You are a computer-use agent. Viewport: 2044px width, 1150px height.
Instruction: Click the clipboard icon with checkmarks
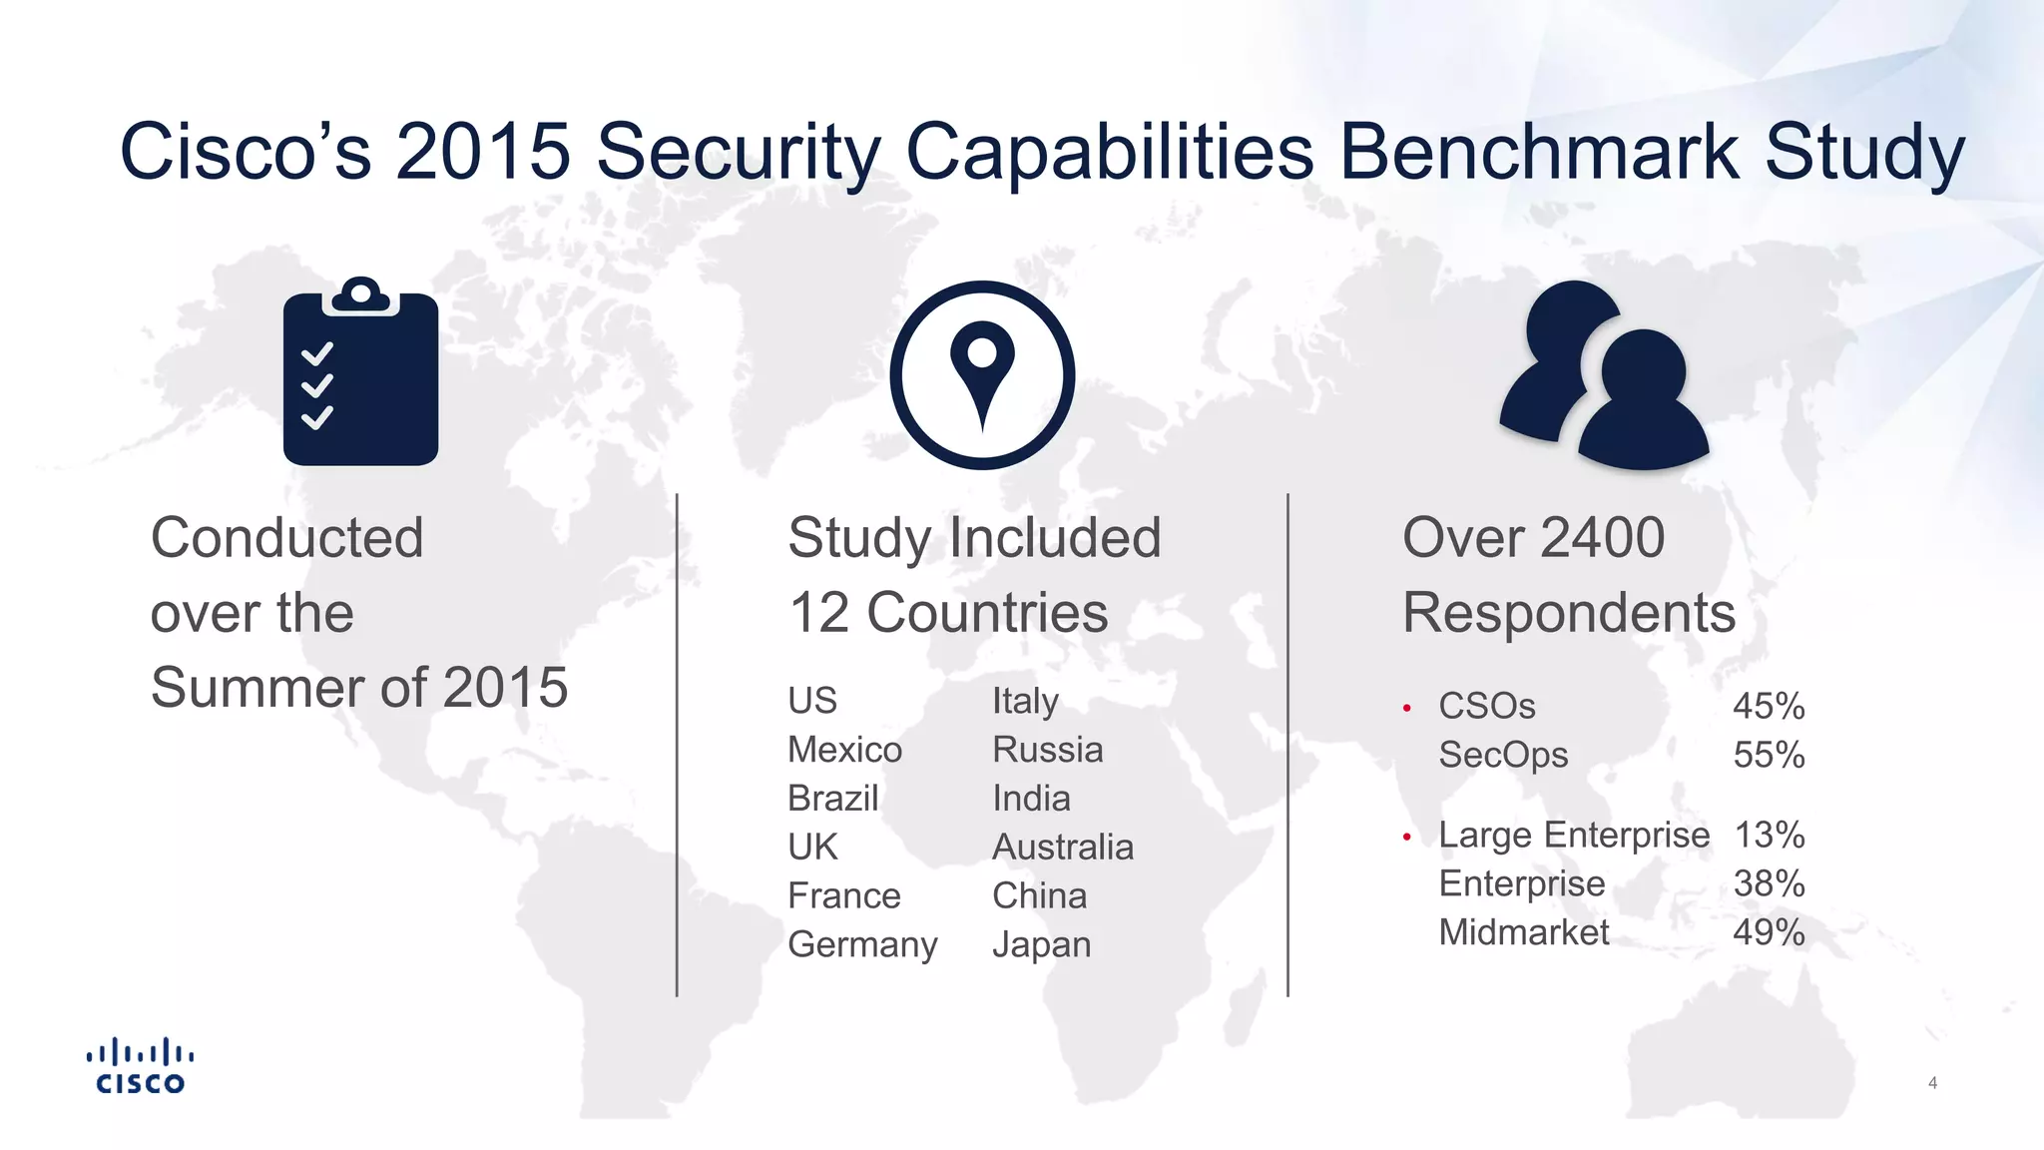[x=360, y=374]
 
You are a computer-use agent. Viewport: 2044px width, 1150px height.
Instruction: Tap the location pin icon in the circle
[x=982, y=374]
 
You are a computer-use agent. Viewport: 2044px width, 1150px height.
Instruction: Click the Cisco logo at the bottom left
[x=140, y=1066]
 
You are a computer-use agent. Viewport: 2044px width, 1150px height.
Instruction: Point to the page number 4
[x=1932, y=1083]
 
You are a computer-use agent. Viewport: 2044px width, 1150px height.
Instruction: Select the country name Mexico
[x=844, y=750]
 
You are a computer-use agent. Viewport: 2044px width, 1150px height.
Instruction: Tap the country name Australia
[x=1063, y=848]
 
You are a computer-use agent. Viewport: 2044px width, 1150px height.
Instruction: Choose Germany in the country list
[x=862, y=944]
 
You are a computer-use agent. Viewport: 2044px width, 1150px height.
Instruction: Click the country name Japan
[x=1041, y=944]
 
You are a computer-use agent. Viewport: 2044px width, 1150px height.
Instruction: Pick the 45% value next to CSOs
[x=1769, y=707]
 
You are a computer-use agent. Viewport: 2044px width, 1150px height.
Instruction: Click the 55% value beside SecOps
[x=1769, y=756]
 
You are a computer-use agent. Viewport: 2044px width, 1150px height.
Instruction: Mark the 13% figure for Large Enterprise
[x=1769, y=836]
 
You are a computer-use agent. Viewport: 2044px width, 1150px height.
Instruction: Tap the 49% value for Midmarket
[x=1769, y=933]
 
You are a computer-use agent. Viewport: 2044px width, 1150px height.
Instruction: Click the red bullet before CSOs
[x=1406, y=708]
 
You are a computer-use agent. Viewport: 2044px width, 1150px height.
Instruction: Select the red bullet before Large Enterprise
[x=1406, y=837]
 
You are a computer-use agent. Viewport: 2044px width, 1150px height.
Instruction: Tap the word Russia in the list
[x=1047, y=750]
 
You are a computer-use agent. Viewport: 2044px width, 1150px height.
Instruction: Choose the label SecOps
[x=1503, y=756]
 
